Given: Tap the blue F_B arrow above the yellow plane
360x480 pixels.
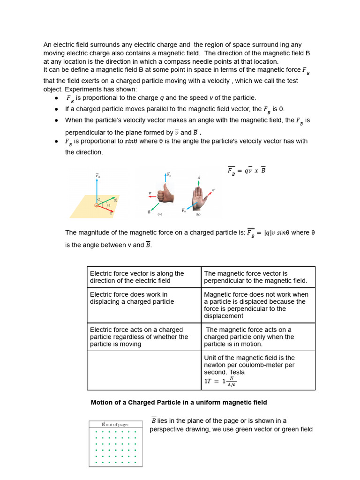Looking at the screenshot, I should [97, 190].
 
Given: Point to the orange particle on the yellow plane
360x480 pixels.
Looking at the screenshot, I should [97, 205].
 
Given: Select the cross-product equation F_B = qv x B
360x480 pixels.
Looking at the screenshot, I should [247, 171].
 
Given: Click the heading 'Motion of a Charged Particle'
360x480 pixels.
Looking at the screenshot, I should [179, 402].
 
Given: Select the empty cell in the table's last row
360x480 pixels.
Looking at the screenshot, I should [144, 370].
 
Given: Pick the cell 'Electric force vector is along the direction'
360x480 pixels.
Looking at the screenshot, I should [144, 277].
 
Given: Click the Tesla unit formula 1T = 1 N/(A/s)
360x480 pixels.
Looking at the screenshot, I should [220, 382].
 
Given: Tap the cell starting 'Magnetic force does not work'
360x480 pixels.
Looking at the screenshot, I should [258, 305].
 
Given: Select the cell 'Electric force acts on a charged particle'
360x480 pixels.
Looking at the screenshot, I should [144, 337].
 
